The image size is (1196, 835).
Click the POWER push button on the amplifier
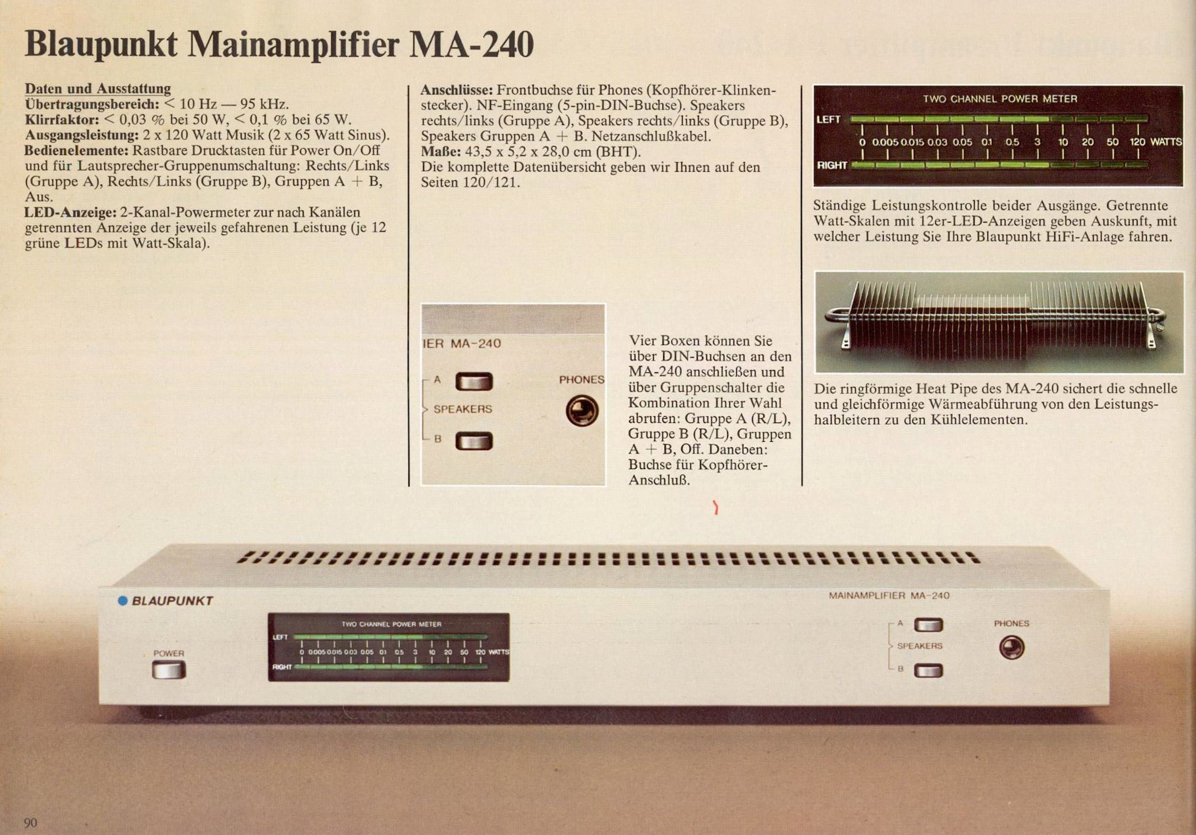[x=169, y=670]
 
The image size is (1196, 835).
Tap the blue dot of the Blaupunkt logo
[x=123, y=601]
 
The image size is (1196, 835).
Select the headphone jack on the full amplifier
[x=1011, y=648]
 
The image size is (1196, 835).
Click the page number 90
[x=31, y=823]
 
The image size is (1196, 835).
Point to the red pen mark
[x=716, y=508]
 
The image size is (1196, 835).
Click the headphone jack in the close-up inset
[x=582, y=410]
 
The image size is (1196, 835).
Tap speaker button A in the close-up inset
[x=474, y=381]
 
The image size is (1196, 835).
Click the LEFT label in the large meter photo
[x=828, y=119]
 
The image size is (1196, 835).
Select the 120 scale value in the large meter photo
[x=1137, y=142]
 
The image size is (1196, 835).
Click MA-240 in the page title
[x=471, y=45]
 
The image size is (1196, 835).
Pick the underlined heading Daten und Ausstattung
[x=98, y=89]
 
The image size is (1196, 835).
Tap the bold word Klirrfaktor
[x=62, y=119]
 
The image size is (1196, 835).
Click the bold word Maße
[x=441, y=152]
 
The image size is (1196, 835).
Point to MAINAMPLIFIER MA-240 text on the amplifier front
[x=889, y=595]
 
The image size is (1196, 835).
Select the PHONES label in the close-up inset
[x=582, y=380]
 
